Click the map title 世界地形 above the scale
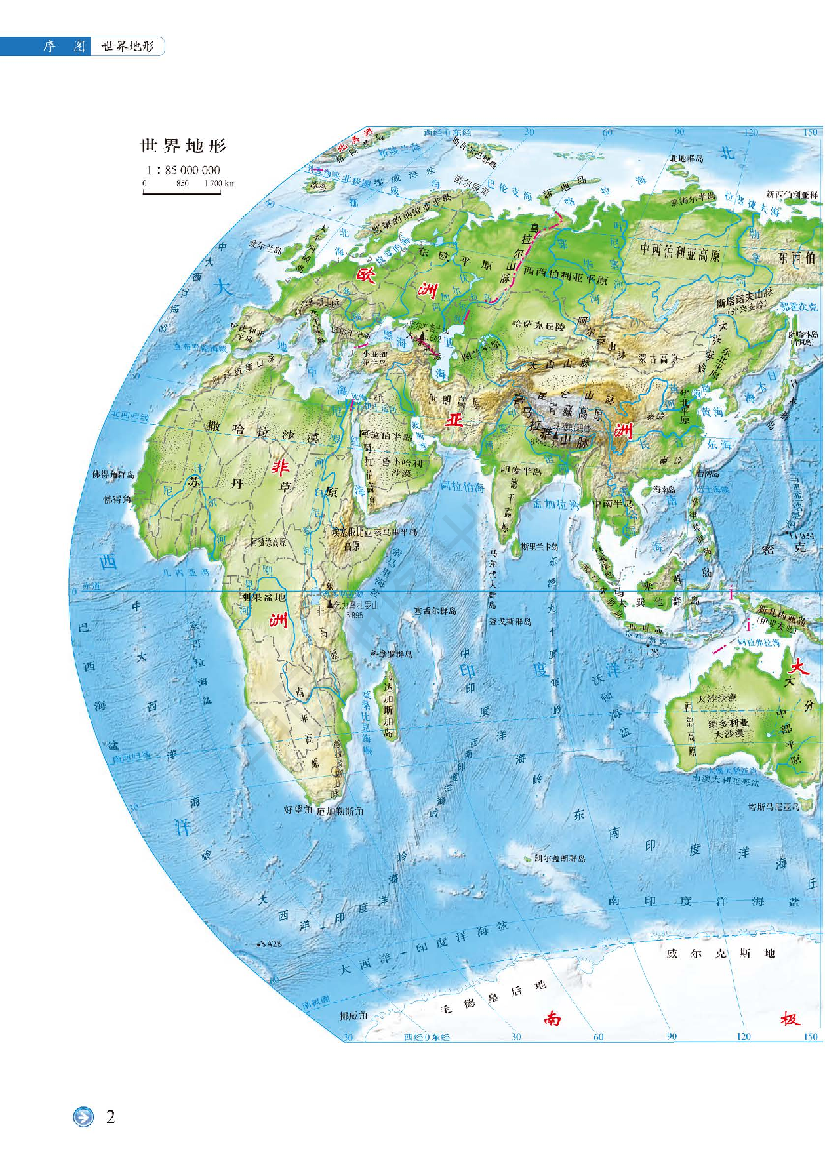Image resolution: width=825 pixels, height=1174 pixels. (183, 146)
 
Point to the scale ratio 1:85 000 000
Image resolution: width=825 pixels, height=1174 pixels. (183, 170)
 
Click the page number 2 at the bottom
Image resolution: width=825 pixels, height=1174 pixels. (110, 1116)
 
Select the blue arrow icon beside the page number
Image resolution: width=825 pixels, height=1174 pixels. (83, 1116)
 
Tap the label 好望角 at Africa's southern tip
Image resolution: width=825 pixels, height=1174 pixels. (298, 809)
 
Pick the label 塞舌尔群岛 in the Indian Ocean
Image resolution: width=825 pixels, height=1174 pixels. (435, 611)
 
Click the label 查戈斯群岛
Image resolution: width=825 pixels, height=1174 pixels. (510, 620)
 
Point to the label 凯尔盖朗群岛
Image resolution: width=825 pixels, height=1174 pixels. (559, 858)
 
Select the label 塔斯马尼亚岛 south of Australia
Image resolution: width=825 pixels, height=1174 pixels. (774, 806)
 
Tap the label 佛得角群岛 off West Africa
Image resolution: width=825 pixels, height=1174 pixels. (113, 474)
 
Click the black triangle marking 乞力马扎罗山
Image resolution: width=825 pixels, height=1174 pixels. (330, 603)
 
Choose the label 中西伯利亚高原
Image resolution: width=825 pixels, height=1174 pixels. (680, 251)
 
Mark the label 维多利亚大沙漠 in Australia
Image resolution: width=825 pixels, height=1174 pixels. (728, 728)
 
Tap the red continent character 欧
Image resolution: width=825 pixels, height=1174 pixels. (365, 275)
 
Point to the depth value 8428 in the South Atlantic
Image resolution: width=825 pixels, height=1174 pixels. (270, 943)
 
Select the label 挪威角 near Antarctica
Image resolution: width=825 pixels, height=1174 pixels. (353, 1015)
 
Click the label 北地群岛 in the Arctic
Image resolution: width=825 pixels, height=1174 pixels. (686, 159)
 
